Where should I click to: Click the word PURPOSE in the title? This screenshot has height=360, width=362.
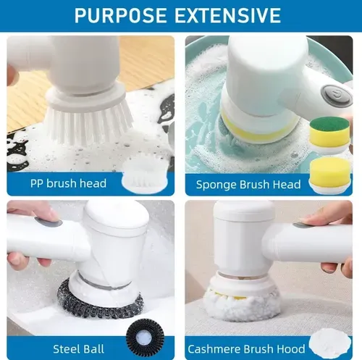(120, 15)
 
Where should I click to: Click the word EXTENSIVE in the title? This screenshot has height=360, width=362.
(227, 15)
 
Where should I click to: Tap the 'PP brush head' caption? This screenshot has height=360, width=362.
(68, 183)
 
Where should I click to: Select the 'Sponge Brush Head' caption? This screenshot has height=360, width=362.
(248, 185)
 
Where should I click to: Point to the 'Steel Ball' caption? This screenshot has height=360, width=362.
(78, 349)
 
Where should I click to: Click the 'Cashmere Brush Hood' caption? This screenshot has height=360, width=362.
(246, 349)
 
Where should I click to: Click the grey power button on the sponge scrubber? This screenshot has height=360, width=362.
(335, 94)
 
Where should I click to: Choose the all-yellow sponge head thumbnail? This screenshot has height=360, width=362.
(330, 175)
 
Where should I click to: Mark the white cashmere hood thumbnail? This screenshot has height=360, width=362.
(330, 344)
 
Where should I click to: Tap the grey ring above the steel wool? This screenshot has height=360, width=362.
(104, 283)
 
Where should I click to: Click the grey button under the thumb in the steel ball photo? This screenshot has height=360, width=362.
(49, 222)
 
